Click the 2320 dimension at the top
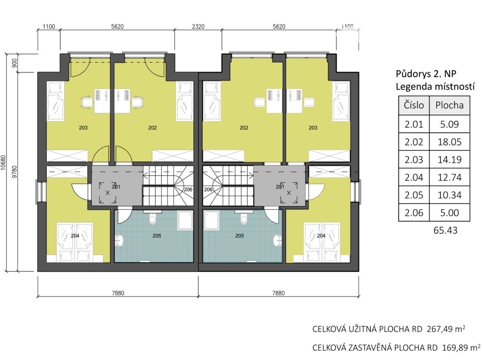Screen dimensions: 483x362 (x=198, y=26)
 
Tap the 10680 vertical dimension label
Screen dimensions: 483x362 (x=4, y=162)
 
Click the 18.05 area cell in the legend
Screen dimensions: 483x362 (x=450, y=142)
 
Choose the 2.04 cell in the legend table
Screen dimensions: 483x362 (x=414, y=177)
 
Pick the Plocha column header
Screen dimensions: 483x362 (x=450, y=105)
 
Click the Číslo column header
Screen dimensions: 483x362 (x=414, y=105)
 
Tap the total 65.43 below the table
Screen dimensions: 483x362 (x=445, y=230)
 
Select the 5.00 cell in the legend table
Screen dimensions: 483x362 (x=450, y=213)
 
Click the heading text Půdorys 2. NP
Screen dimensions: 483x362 (x=426, y=74)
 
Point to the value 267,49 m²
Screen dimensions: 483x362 (x=446, y=329)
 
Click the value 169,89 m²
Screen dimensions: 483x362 (x=461, y=347)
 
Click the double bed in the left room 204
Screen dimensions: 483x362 (x=75, y=242)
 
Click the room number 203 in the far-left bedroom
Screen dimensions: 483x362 (x=83, y=128)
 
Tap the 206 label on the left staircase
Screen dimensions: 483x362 (x=188, y=189)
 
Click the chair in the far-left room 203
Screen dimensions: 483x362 (x=87, y=102)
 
